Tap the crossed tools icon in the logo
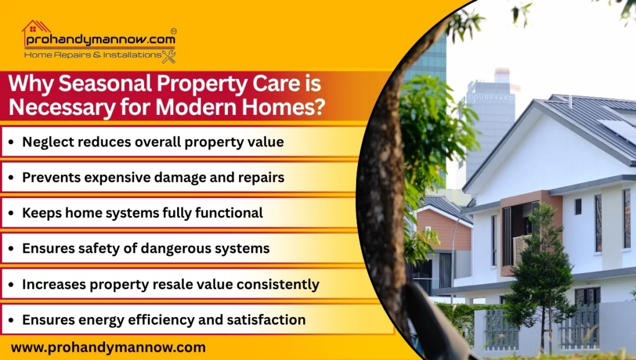[168, 56]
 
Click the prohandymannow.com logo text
[99, 40]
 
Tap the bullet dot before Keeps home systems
[12, 214]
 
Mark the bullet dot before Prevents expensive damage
[12, 178]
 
